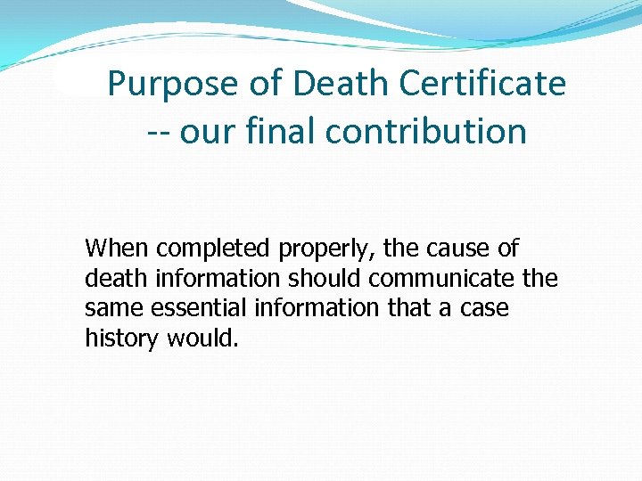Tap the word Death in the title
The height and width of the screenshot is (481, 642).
click(342, 85)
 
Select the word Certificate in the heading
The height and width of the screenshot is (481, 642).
click(483, 85)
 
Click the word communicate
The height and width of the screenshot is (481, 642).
click(441, 279)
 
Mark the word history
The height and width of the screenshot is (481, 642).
click(121, 338)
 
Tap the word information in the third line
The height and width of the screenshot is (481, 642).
click(316, 308)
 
